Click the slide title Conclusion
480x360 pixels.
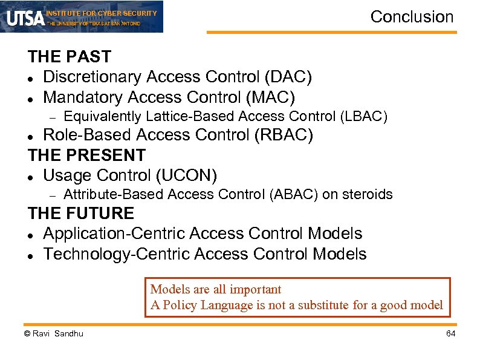tap(412, 17)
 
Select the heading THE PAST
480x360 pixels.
tap(69, 57)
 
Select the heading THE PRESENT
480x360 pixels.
tap(86, 155)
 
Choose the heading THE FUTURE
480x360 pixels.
tap(81, 213)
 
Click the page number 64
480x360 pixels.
tap(450, 334)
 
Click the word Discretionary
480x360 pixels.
tap(93, 77)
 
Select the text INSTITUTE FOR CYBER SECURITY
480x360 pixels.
tap(101, 13)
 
